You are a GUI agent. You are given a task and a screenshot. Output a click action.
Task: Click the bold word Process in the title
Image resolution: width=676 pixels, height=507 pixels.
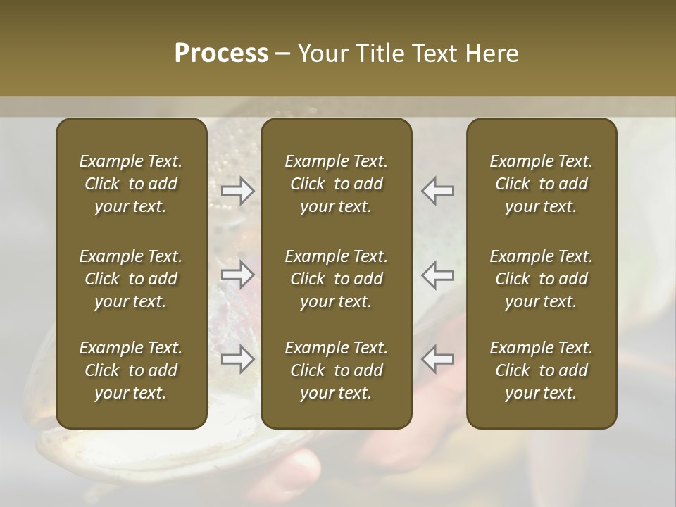221,54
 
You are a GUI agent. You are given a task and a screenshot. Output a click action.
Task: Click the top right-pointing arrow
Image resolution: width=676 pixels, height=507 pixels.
238,191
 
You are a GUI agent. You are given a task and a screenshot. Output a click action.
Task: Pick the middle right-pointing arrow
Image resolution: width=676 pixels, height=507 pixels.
238,275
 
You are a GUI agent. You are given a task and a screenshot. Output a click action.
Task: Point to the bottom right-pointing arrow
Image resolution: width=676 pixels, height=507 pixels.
238,359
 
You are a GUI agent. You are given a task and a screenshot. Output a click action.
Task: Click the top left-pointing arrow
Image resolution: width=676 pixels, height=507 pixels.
438,191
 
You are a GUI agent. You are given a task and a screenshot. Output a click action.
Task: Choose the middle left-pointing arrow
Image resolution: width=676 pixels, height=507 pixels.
438,275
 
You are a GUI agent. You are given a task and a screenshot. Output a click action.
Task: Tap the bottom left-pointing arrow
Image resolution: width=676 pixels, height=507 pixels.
438,359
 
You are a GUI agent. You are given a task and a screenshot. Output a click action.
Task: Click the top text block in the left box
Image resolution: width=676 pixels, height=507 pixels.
131,184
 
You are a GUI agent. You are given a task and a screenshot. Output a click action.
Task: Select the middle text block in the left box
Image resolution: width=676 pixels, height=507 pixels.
131,279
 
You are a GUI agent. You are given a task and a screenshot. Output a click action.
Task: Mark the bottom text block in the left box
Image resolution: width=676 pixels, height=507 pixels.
131,370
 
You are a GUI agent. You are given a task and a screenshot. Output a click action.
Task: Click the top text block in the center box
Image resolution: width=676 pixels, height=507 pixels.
337,184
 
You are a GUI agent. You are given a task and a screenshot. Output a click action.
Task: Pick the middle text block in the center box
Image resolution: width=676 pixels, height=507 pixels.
337,279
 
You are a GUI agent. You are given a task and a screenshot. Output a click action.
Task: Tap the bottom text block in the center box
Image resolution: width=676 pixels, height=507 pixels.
337,370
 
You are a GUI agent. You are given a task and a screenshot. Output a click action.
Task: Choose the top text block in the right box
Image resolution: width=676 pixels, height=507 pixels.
542,184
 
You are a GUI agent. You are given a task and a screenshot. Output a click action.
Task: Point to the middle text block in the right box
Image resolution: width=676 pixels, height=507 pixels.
542,279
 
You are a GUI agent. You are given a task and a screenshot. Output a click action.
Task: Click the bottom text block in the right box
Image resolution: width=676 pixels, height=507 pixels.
542,370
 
